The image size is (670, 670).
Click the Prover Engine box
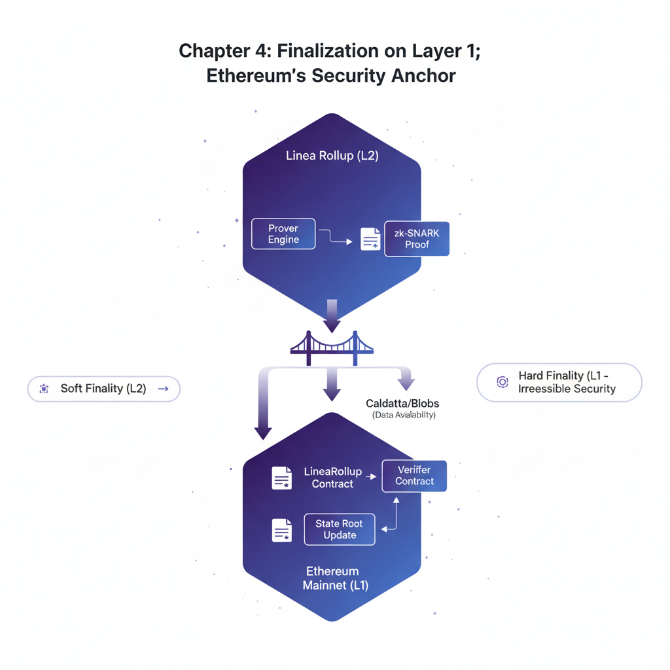(283, 234)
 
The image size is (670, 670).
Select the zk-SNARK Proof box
(417, 239)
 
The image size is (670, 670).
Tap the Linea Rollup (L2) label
(332, 156)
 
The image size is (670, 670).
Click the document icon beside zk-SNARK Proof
(370, 238)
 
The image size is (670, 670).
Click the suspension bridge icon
(332, 348)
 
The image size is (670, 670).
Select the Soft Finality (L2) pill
(104, 389)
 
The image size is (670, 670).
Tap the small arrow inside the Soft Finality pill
(163, 389)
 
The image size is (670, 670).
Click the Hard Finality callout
(559, 382)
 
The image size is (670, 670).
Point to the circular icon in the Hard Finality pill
(502, 382)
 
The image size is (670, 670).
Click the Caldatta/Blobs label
(402, 403)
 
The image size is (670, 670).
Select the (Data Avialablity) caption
(404, 415)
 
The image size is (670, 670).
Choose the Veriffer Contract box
(414, 476)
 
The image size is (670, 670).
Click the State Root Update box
(340, 529)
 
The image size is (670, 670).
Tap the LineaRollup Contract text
(333, 478)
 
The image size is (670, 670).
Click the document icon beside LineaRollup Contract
(282, 478)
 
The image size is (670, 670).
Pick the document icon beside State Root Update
(282, 530)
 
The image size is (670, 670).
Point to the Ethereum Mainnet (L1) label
(334, 578)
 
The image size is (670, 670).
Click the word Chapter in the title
(214, 51)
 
